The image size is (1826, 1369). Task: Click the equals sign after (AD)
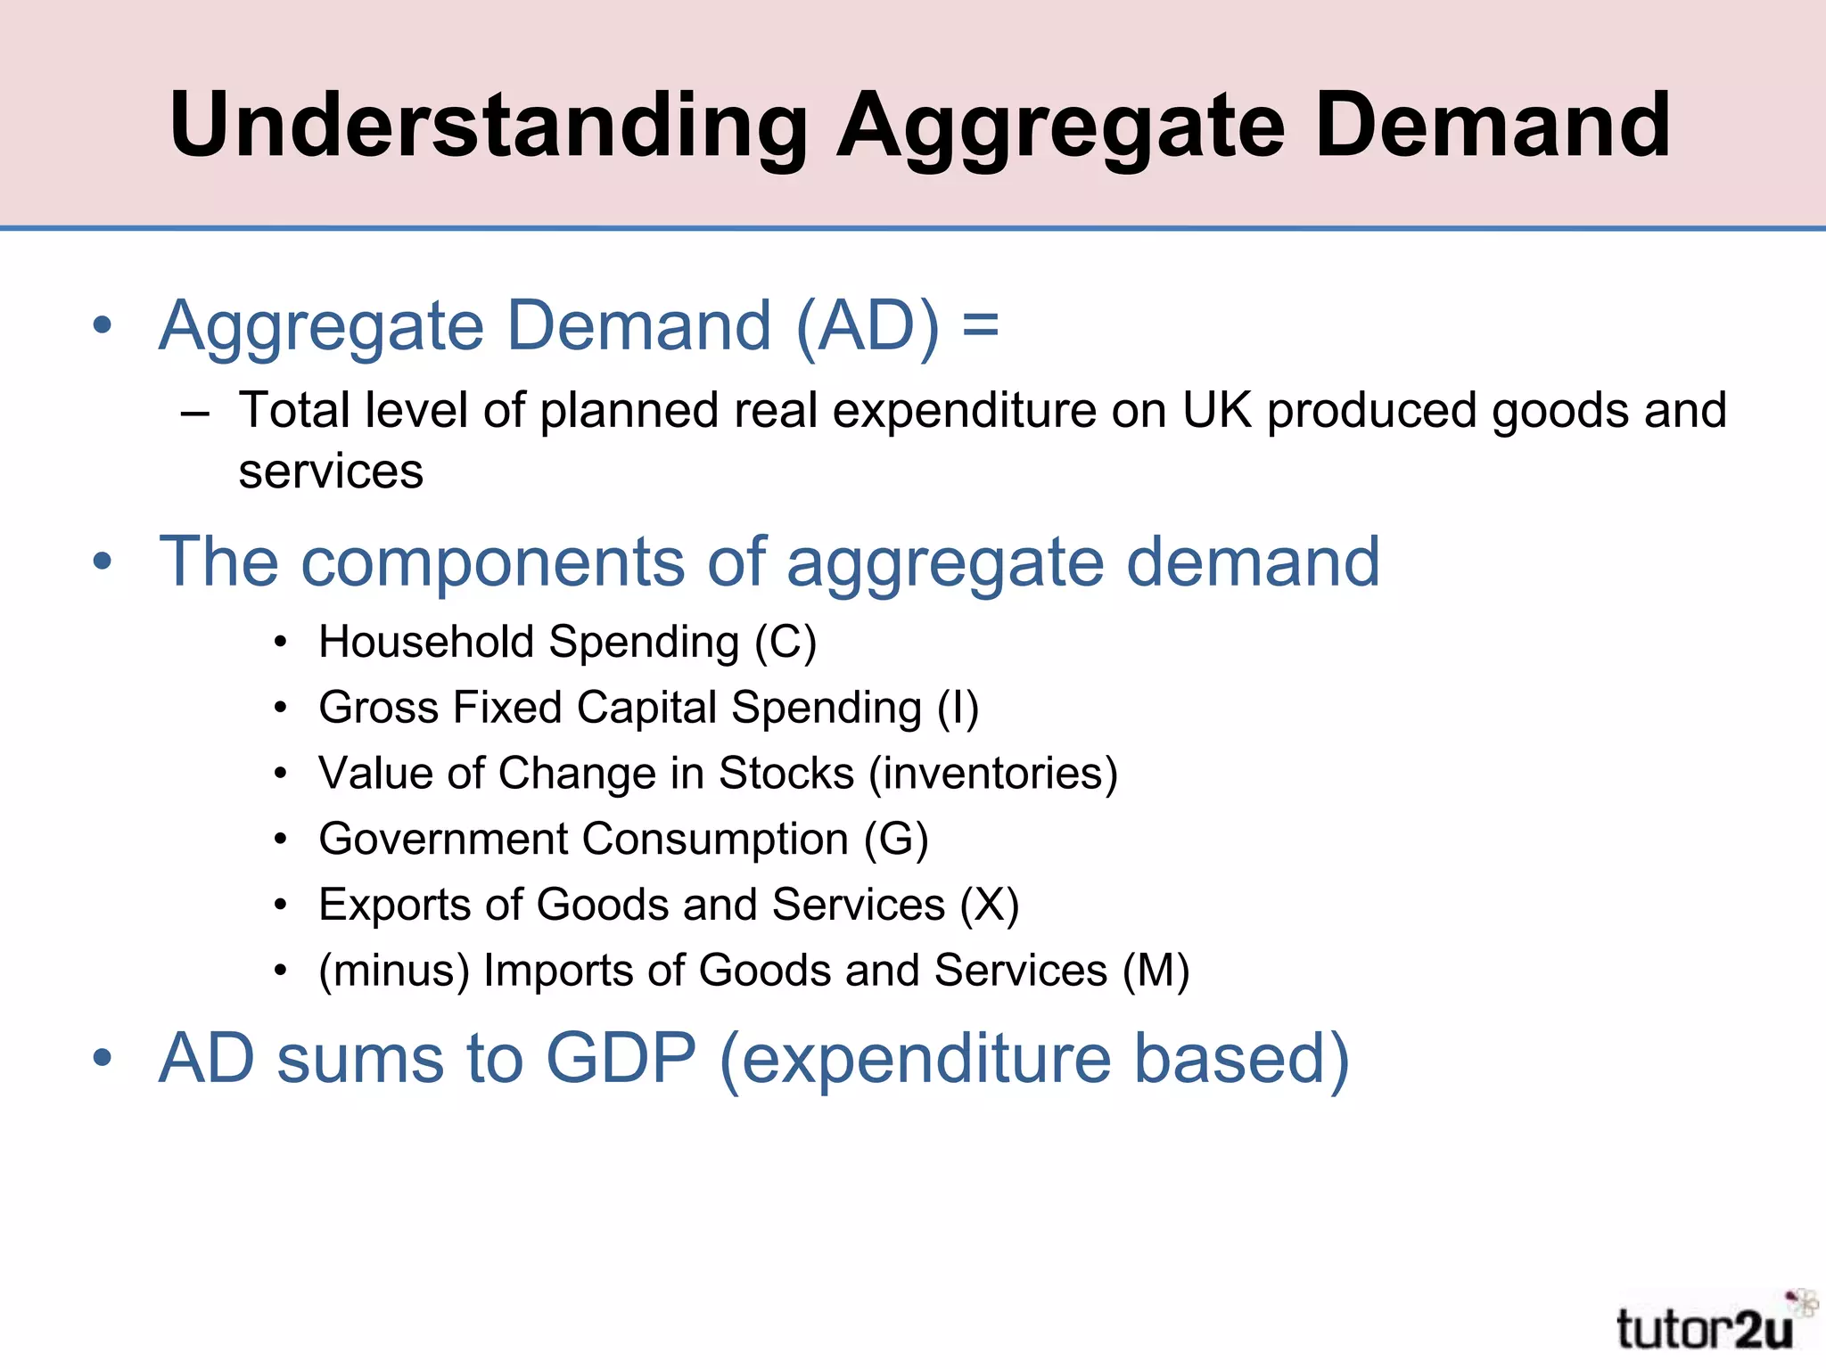pos(980,325)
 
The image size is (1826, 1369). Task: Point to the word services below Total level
pos(331,471)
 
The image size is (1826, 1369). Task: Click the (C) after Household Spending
pos(785,643)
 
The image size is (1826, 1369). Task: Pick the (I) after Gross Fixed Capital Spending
pos(958,709)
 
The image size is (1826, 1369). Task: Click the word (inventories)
pos(993,774)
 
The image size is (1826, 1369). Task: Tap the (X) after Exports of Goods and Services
pos(989,906)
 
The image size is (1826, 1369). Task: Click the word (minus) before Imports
pos(394,971)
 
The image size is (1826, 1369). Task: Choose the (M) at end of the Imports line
pos(1156,971)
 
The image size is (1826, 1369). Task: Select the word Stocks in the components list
pos(786,774)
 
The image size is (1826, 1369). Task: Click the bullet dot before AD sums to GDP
pos(103,1059)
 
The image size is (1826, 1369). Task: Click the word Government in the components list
pos(443,840)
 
